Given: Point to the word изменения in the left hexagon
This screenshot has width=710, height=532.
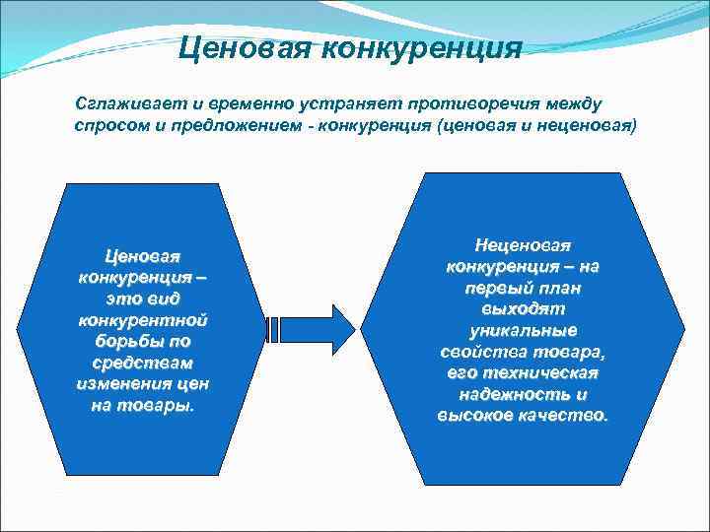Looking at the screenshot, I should (x=117, y=383).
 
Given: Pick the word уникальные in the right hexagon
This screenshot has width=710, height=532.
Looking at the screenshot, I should (x=523, y=330).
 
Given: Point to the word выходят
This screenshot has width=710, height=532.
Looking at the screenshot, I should (x=523, y=309).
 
